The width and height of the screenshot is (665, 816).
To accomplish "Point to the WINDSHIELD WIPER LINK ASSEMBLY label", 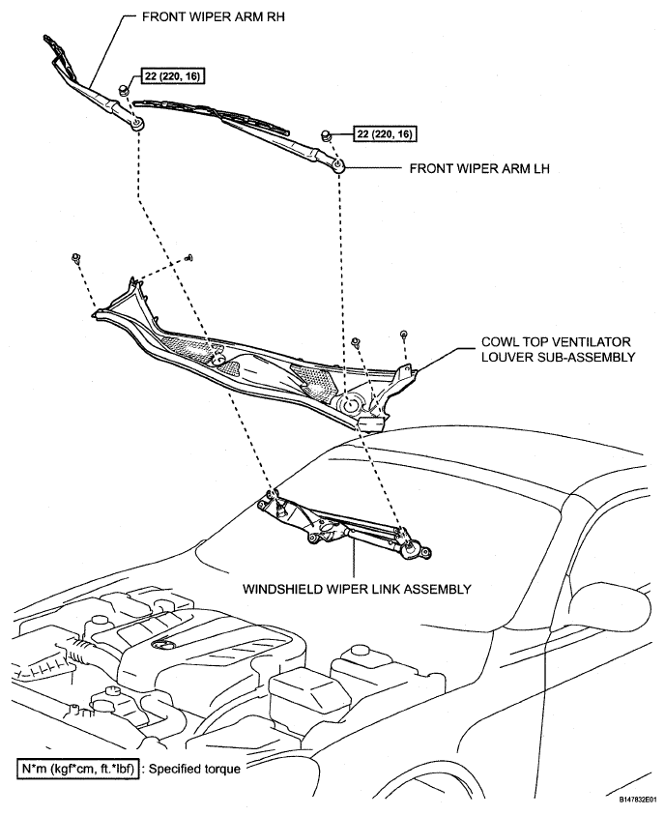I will click(357, 587).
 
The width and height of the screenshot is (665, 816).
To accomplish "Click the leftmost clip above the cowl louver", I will click(74, 257).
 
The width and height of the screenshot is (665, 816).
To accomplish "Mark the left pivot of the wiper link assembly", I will click(273, 499).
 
